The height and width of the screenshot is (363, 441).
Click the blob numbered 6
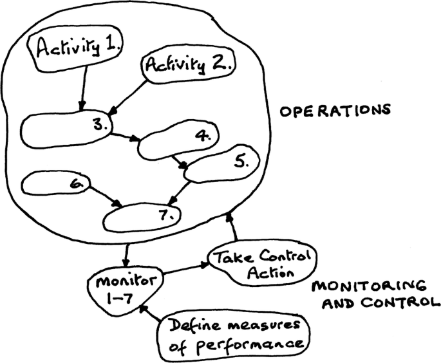(x=54, y=185)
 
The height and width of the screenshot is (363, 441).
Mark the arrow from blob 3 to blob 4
(x=126, y=136)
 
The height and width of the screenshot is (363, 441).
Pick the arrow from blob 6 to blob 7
(x=106, y=196)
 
